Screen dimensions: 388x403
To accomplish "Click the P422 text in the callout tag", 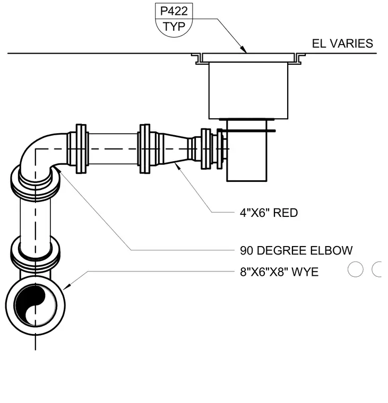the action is (x=174, y=11).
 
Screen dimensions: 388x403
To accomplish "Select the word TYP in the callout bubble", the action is (x=174, y=27).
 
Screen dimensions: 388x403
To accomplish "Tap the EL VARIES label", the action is (x=342, y=43).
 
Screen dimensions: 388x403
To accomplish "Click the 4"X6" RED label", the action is (x=269, y=213).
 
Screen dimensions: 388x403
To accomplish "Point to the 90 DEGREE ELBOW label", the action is (x=296, y=250).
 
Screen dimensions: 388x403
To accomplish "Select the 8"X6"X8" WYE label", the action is (x=279, y=272).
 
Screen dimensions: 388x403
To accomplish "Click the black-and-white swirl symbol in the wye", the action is (x=35, y=305).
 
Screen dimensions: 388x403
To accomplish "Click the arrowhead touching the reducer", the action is (x=177, y=165).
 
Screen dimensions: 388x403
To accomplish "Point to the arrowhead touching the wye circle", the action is (x=67, y=286).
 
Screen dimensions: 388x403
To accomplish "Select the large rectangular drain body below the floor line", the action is (x=248, y=91).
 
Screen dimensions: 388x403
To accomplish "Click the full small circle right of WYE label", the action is (x=355, y=269).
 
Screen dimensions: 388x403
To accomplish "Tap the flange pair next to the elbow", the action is (x=81, y=149).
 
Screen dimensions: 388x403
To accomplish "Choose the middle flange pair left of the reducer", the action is (x=145, y=149).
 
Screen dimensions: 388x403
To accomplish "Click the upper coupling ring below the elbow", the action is (x=35, y=182).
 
